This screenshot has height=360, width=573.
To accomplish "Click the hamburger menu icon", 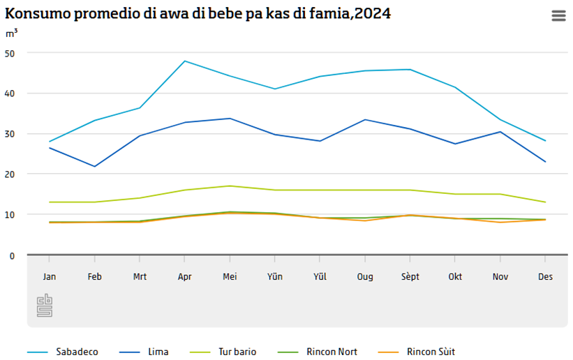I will coord(558,16).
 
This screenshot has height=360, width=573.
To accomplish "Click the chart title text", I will coord(198,13).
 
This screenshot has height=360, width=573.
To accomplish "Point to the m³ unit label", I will coord(12,33).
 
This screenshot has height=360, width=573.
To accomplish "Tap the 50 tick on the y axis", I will coord(10,53).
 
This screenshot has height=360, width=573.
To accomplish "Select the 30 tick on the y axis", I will coord(10,134).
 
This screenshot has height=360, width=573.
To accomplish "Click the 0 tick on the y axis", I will coord(12,255).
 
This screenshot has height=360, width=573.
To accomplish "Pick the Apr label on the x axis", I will coord(185,277).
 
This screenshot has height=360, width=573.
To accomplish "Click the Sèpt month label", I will coord(410,277).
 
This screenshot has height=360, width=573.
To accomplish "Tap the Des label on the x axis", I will coord(545,277).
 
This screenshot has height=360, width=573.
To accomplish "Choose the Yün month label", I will coord(275,277).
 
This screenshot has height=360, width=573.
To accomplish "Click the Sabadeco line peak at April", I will coord(185,61).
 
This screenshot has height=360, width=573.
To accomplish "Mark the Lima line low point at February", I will coord(94,166).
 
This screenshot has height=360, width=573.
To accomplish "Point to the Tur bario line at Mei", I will coord(230,186).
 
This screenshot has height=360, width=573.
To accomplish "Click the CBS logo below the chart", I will coord(45,305).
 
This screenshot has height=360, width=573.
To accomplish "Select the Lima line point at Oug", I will coord(365,119).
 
